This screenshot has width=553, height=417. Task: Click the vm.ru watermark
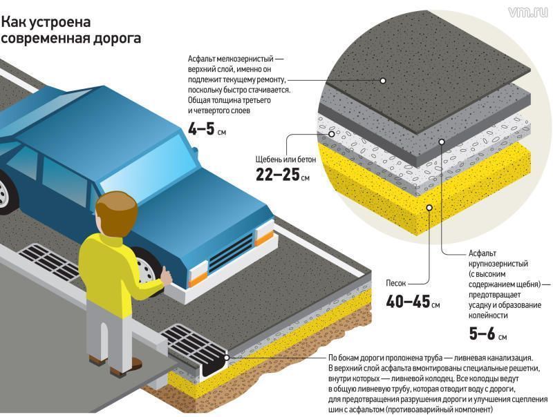coord(529,12)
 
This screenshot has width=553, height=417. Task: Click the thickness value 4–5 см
coord(207,129)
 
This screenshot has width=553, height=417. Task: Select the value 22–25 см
coord(283,175)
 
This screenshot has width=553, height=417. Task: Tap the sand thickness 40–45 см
coord(413,302)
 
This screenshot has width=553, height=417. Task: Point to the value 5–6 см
coord(488,333)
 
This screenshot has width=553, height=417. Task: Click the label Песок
coord(395,283)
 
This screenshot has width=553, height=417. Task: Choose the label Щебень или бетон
coord(285,159)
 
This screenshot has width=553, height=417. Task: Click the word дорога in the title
coord(117,39)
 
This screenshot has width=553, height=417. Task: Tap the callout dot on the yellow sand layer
coord(429,208)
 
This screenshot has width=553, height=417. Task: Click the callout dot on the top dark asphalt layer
coord(383,81)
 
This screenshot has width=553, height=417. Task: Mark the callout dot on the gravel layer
coord(332,134)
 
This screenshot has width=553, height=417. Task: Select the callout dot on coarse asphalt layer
coord(442,142)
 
